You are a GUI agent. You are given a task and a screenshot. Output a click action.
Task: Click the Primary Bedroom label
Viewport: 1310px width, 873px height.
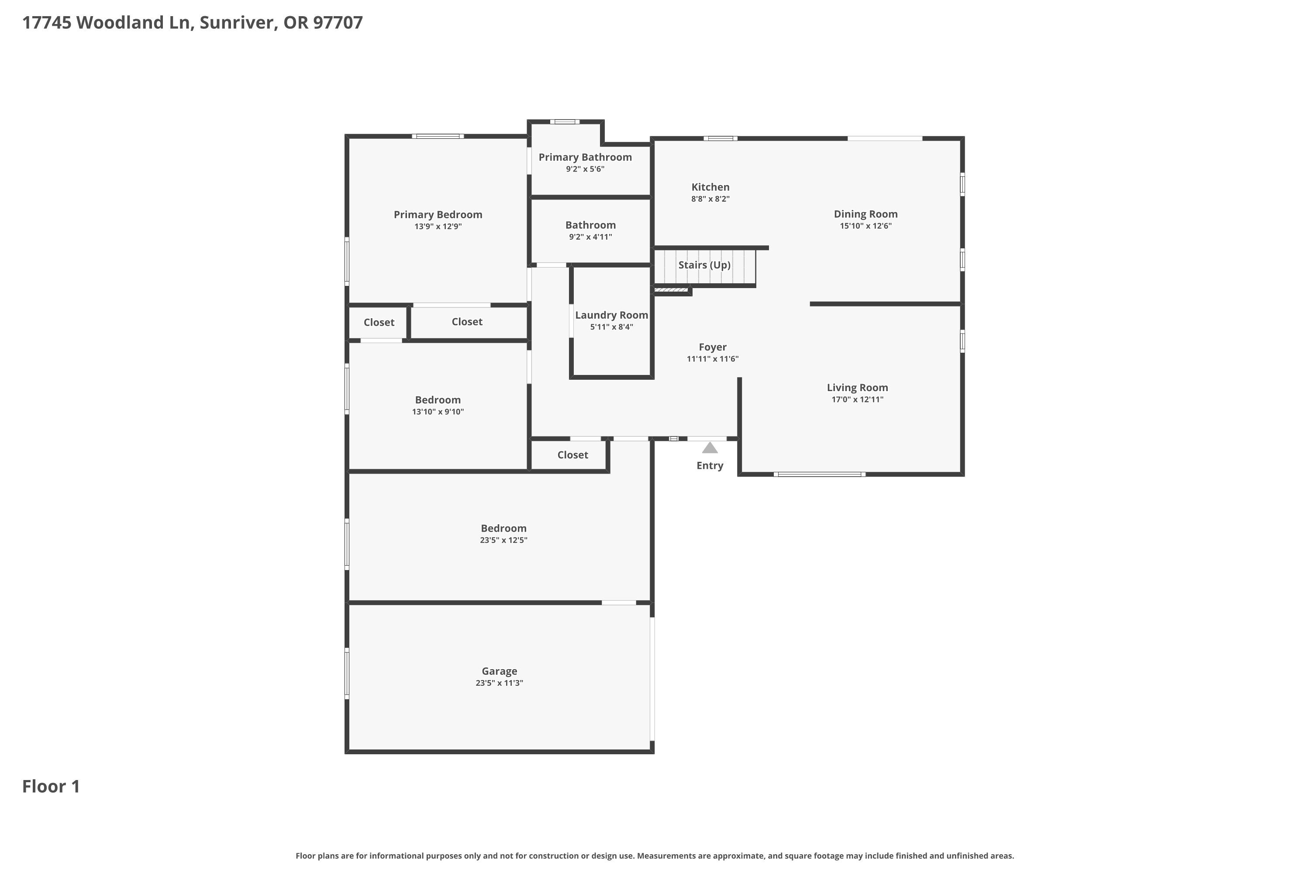438,214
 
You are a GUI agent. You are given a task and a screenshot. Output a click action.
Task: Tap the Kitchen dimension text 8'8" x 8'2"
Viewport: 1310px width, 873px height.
710,199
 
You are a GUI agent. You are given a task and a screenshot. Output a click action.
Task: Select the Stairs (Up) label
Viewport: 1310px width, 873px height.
704,265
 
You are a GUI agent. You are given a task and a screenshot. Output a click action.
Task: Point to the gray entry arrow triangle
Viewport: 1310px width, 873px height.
710,448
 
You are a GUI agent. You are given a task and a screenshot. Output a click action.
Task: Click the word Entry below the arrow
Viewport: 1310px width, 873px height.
710,465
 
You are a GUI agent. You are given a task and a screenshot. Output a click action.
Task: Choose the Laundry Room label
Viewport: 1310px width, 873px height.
612,315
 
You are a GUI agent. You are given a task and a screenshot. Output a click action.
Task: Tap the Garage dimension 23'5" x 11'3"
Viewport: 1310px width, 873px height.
499,683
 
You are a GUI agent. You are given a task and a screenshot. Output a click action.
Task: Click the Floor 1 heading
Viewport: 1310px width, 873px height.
51,786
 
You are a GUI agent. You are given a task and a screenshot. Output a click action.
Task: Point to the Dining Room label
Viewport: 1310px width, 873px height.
865,214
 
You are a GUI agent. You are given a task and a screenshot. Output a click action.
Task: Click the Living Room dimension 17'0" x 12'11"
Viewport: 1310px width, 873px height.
857,399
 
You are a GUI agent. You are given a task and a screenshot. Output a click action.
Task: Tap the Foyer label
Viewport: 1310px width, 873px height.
712,347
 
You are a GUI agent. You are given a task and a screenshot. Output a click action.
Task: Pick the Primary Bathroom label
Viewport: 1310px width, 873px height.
585,158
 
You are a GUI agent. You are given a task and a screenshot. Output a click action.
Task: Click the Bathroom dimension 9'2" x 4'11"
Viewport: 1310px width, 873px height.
590,237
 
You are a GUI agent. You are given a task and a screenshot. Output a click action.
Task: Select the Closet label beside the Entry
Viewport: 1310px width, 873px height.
572,455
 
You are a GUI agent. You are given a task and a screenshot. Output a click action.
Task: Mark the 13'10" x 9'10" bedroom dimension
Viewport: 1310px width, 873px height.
438,412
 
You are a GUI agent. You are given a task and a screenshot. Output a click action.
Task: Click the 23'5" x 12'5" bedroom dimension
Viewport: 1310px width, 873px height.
503,540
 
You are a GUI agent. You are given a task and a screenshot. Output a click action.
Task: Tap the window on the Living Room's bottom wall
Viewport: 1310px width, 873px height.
819,474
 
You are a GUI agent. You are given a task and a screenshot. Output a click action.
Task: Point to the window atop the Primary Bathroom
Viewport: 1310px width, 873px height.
565,122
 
